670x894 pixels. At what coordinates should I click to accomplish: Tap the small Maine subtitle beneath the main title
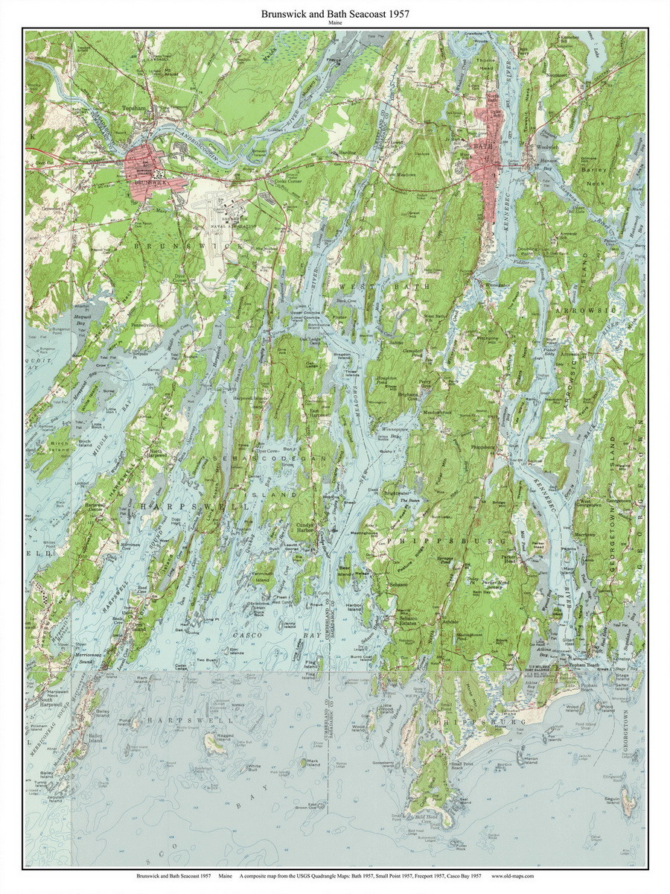[x=334, y=23]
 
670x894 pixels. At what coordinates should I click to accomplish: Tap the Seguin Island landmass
[x=629, y=802]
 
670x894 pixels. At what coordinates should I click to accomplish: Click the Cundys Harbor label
[x=304, y=527]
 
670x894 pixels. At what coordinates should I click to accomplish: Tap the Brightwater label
[x=392, y=493]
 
